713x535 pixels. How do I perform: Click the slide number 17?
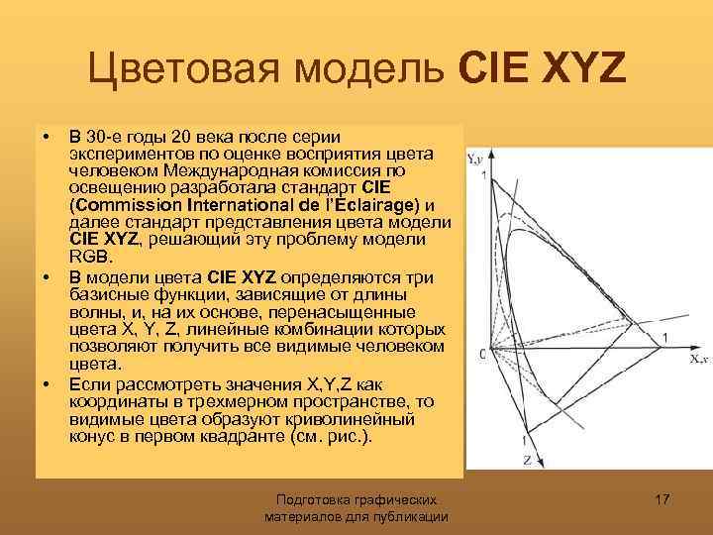coord(662,500)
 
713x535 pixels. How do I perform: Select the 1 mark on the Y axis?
coord(483,176)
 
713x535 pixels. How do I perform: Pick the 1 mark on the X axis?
coord(664,339)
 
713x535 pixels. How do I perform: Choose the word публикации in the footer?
coord(409,517)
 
